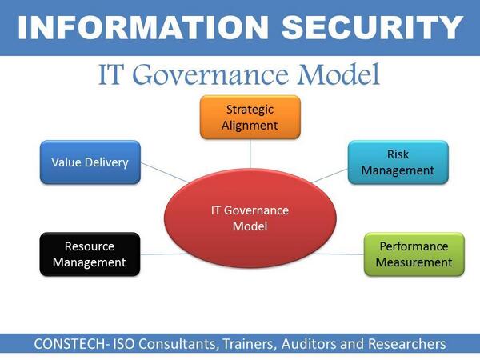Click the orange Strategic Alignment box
pos(250,117)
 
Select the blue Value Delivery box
pos(90,162)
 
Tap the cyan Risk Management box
pos(398,162)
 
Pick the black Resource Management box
pos(90,254)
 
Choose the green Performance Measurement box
pos(414,254)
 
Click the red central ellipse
pos(250,218)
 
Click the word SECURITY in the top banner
pos(364,28)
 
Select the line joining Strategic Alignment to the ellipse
pos(250,151)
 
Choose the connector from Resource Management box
pos(154,254)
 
